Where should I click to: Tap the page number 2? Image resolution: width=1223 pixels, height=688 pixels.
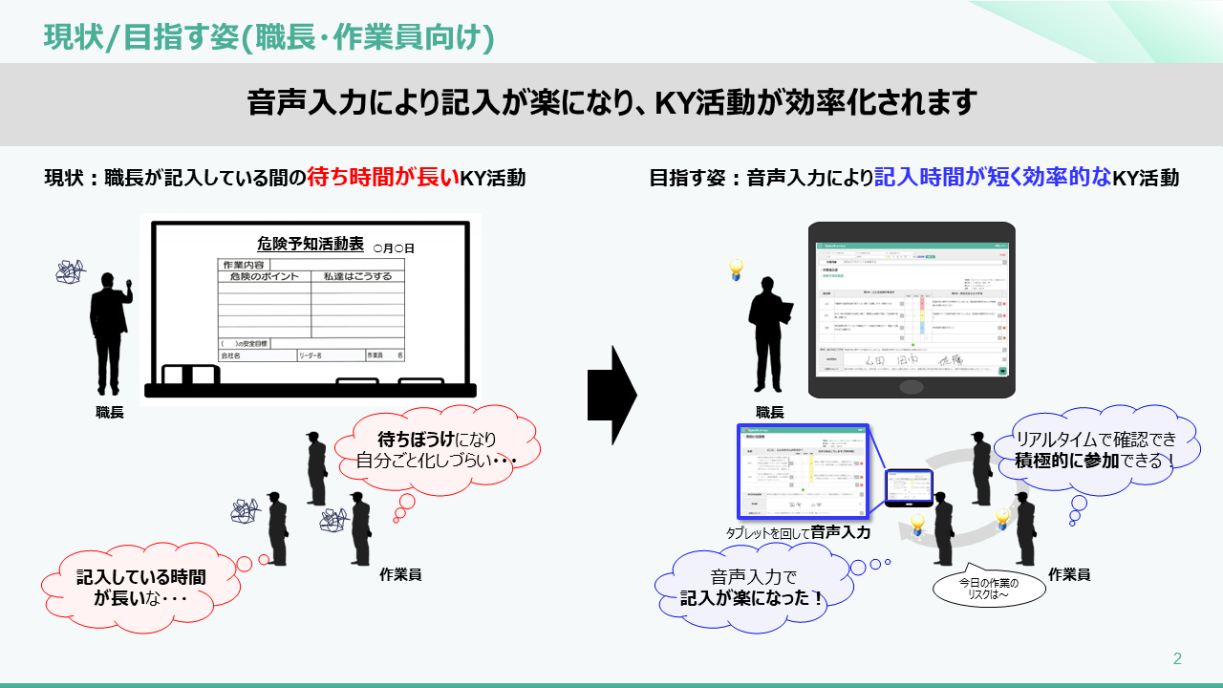point(1177,658)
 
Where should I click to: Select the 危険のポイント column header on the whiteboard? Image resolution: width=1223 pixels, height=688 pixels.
point(265,277)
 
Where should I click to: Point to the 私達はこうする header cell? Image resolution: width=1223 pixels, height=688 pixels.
point(357,277)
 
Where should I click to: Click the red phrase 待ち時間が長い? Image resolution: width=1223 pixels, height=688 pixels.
point(382,177)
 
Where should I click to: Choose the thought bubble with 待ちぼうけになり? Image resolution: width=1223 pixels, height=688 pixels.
point(436,449)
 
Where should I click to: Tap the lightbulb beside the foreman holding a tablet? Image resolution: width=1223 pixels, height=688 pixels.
point(735,270)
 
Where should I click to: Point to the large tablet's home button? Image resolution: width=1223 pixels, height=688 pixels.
point(912,387)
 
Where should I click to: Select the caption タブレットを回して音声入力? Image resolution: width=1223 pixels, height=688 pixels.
point(798,533)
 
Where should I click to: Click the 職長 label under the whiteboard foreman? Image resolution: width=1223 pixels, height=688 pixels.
point(110,413)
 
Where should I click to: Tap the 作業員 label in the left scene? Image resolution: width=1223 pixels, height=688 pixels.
point(400,574)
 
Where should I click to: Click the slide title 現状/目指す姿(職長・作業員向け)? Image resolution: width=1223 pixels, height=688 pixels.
point(268,37)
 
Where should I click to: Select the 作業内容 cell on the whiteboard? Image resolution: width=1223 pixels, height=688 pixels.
point(244,265)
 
